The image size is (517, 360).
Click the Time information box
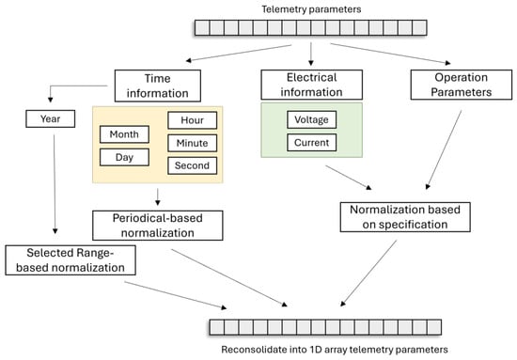pos(158,86)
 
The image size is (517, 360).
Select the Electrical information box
pos(311,85)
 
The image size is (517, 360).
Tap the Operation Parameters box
pos(462,85)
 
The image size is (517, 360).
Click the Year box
pos(51,118)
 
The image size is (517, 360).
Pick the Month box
pos(124,134)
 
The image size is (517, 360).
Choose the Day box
pos(124,157)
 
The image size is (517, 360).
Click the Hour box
pos(192,120)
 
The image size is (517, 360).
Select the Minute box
pos(192,143)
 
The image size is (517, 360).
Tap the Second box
pos(192,165)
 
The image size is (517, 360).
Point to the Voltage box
pos(311,119)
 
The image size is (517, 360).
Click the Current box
pos(311,143)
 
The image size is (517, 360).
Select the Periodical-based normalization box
pos(158,226)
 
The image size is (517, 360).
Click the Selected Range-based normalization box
pos(70,260)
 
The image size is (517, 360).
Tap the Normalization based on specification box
pos(405,217)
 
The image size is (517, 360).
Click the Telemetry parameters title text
pos(311,9)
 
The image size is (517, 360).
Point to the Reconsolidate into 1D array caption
pos(335,350)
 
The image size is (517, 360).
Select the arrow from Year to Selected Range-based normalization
pos(55,184)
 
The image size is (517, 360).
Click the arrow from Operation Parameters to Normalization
pos(444,150)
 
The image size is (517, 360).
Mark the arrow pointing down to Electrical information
pos(310,55)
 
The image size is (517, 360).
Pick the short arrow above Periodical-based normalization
pos(158,197)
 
